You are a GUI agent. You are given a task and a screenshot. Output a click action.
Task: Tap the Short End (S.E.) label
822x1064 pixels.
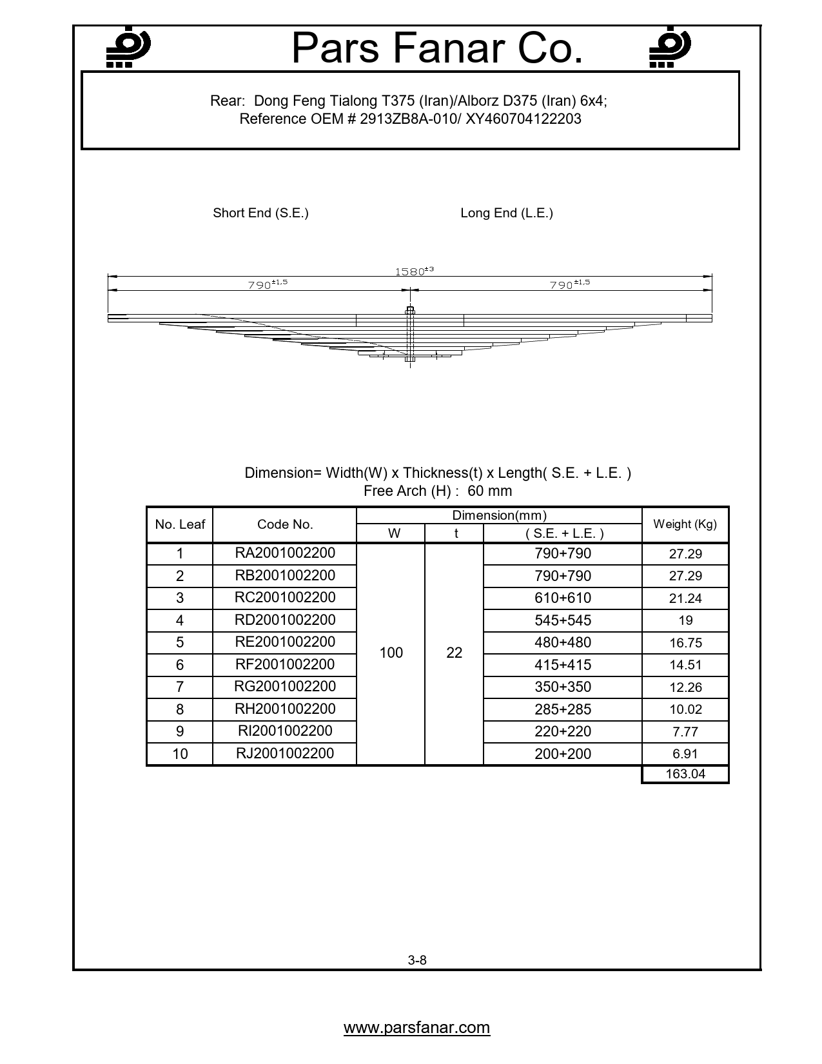click(x=260, y=213)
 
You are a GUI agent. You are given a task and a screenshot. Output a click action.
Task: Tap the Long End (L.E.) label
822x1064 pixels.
click(x=506, y=213)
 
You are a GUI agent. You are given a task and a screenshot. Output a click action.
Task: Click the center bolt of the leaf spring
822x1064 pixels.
click(x=409, y=335)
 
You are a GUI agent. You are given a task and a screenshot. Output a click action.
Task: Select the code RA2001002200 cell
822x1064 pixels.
click(x=284, y=553)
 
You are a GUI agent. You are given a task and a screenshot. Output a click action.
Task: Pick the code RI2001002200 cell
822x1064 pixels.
click(x=284, y=731)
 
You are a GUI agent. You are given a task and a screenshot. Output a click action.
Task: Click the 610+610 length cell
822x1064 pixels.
click(x=562, y=598)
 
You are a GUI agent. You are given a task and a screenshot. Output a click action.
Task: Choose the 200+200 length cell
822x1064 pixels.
click(x=562, y=753)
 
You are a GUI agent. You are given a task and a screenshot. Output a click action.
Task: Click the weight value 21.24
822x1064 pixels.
click(x=685, y=598)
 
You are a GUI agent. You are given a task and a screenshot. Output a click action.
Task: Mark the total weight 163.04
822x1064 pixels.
click(x=685, y=774)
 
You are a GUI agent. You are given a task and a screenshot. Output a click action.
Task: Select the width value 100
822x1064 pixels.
click(x=391, y=653)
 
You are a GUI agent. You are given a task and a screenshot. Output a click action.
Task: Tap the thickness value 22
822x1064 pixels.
click(x=454, y=653)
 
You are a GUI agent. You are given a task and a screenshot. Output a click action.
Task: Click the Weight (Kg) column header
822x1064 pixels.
click(x=685, y=524)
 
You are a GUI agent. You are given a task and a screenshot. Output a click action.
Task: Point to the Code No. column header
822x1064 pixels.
click(x=284, y=524)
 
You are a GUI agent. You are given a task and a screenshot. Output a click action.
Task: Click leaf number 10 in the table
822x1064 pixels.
click(x=180, y=753)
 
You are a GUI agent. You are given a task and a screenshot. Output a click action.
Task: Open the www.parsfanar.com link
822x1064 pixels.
click(x=416, y=1027)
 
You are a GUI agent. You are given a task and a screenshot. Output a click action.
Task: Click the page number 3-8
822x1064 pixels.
click(x=417, y=960)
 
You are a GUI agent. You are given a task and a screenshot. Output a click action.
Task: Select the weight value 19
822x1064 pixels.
click(x=685, y=620)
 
